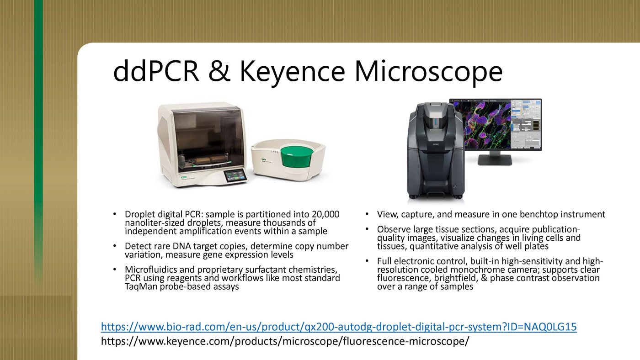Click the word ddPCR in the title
point(156,71)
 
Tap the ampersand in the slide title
point(219,71)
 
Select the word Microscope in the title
point(428,73)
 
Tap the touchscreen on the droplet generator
point(235,175)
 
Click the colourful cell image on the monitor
point(482,125)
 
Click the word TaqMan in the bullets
point(141,286)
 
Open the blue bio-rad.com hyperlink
point(339,327)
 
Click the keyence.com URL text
point(285,341)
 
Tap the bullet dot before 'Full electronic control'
point(367,261)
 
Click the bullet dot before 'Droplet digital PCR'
point(115,214)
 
